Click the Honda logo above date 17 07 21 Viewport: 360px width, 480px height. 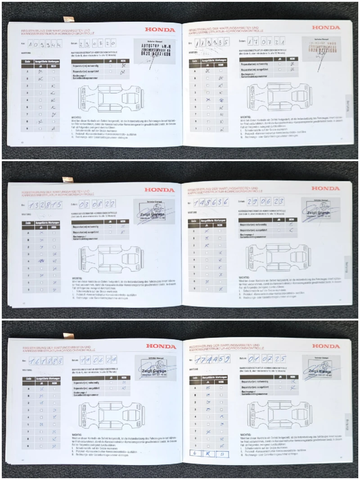click(326, 27)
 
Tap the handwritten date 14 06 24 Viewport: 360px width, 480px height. click(98, 360)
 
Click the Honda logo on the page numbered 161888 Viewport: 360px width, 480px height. click(161, 346)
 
